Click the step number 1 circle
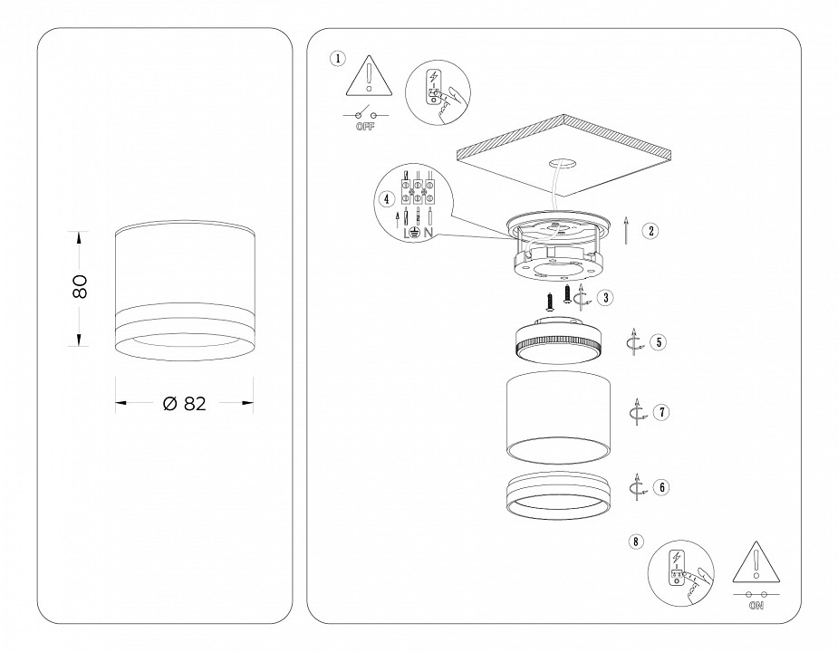point(337,59)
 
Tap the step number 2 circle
point(650,230)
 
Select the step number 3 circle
point(604,296)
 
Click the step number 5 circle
point(658,342)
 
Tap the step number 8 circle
point(636,542)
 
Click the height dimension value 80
point(80,287)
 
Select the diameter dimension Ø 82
point(185,404)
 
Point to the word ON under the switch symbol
point(756,607)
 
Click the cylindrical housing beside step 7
point(554,412)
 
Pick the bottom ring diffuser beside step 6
point(553,495)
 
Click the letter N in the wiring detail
point(427,233)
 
